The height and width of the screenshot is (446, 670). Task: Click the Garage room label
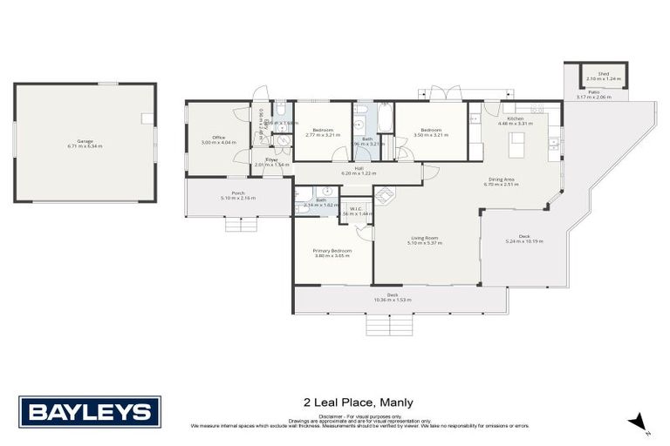(x=85, y=140)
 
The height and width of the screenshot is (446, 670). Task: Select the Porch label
(x=238, y=193)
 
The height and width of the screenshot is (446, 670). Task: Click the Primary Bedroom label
(x=332, y=251)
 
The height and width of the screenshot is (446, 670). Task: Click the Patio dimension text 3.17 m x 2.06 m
(x=594, y=98)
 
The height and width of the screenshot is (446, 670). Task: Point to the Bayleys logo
(x=90, y=411)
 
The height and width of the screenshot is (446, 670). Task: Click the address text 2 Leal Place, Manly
(x=358, y=402)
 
